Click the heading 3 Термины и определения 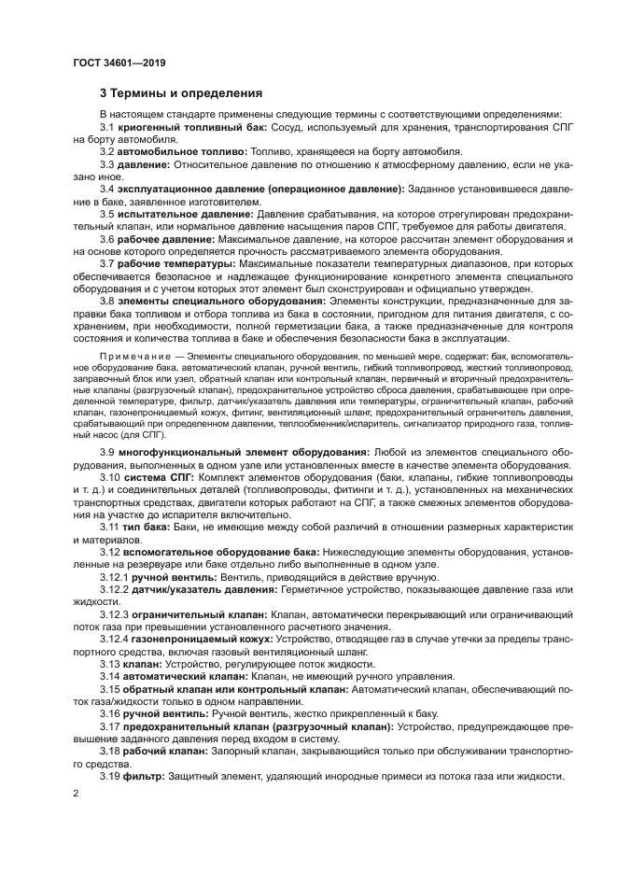click(181, 93)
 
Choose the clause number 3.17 click(110, 725)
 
